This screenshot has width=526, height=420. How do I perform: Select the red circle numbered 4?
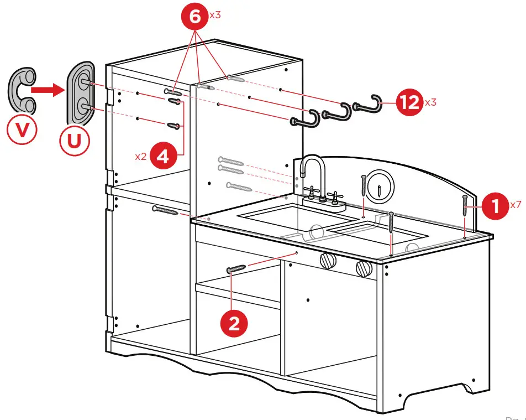click(x=162, y=157)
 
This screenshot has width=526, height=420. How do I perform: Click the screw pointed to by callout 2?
click(x=236, y=269)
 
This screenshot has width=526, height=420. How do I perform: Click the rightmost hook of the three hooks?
click(x=367, y=103)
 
